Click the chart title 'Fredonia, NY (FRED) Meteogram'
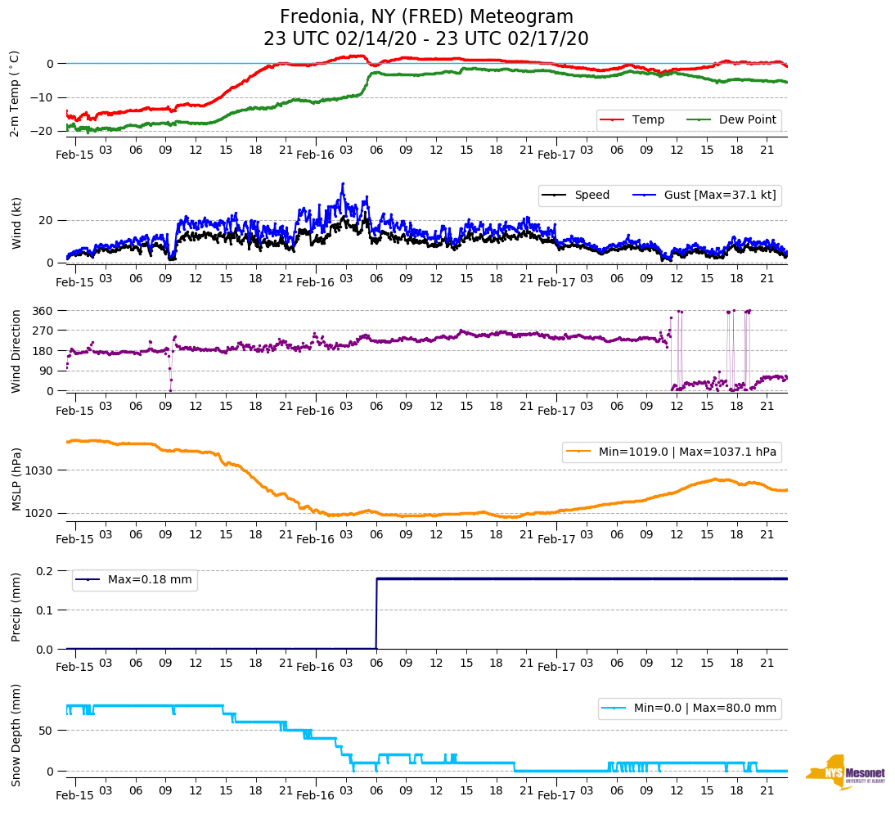426,17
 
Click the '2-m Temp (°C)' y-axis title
15,92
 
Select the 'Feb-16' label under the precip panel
316,667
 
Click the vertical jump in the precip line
376,614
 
